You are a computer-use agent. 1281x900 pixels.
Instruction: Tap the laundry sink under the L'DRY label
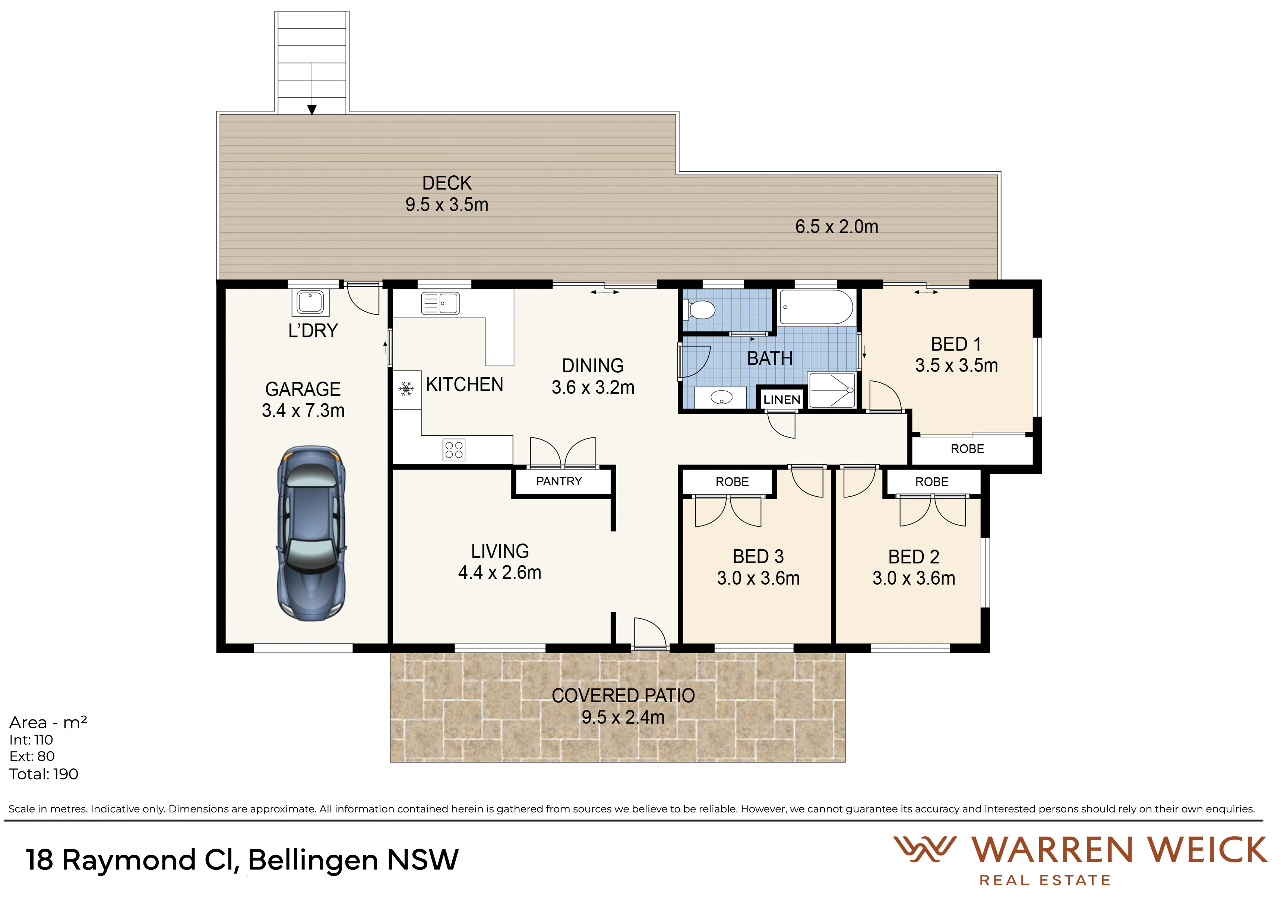click(x=310, y=302)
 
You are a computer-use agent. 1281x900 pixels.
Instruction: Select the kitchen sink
click(x=440, y=303)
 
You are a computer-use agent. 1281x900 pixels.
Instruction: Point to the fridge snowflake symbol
click(x=406, y=389)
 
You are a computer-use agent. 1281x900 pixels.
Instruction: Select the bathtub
click(x=816, y=307)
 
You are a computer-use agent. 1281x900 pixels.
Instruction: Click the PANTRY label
click(x=559, y=481)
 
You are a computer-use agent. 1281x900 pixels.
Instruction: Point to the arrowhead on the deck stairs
click(x=312, y=110)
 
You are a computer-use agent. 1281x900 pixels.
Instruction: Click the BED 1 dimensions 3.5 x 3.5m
click(x=956, y=365)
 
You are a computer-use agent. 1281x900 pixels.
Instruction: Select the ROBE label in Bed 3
click(x=732, y=482)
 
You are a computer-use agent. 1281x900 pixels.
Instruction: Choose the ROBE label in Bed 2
click(x=932, y=482)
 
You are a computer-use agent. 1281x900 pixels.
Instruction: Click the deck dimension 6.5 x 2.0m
click(x=836, y=226)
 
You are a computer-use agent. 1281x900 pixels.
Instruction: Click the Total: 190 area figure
click(x=44, y=774)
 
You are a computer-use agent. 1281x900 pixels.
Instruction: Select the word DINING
click(x=592, y=366)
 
